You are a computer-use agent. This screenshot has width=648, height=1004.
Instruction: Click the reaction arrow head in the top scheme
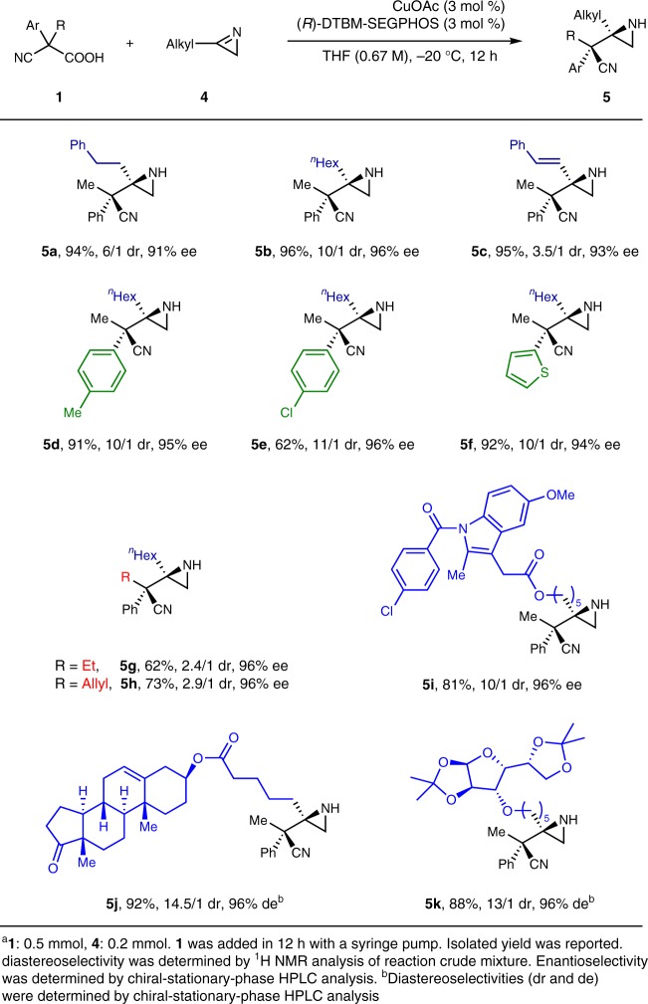coord(518,43)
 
